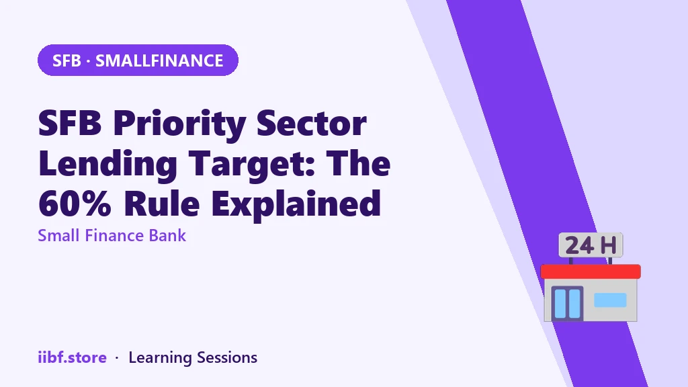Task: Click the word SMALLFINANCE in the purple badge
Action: coord(159,60)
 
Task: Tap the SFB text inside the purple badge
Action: coord(67,60)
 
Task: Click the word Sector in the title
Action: coord(311,124)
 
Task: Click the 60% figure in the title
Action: coord(75,203)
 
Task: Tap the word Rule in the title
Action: coord(161,203)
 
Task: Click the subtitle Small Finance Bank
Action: coord(112,236)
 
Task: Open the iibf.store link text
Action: coord(72,357)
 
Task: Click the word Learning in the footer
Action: coord(160,358)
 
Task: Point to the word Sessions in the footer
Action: coord(227,357)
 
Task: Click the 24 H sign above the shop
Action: coord(591,245)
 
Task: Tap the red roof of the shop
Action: coord(591,271)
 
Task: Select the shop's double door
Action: coord(567,303)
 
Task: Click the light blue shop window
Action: coord(610,300)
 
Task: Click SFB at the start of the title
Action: coord(70,124)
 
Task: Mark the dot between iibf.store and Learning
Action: coord(117,359)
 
